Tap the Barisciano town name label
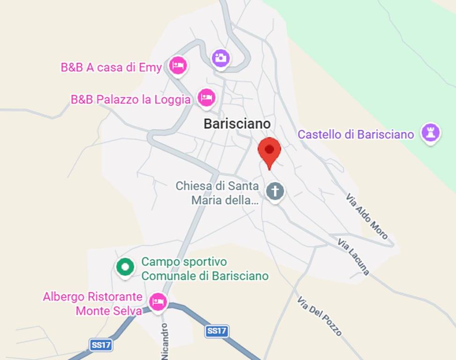237,124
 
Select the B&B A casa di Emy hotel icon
178,66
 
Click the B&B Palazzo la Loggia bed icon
206,97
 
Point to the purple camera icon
220,58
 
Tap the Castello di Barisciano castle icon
430,133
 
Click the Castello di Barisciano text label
356,135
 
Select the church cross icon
275,191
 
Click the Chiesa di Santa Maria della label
217,193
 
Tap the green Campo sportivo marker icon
125,267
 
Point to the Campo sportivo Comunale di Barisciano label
205,269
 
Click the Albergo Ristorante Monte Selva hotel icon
158,301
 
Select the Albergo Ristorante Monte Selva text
93,303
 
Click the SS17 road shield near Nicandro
217,331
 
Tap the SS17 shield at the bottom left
101,345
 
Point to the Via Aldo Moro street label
367,216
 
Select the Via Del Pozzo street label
320,315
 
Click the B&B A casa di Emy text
111,67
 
